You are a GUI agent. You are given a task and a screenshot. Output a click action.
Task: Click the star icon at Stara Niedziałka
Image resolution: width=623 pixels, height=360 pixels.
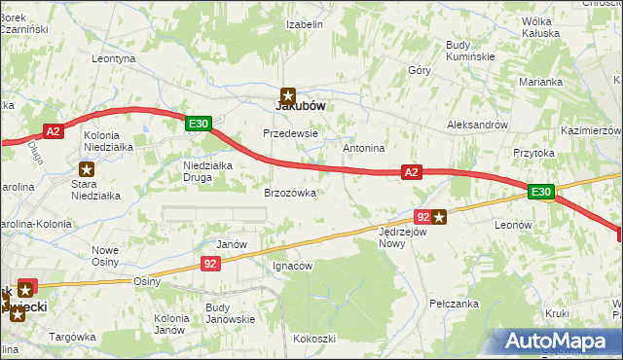click(88, 169)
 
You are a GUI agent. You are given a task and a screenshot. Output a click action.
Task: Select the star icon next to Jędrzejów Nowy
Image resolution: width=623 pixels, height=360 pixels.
click(440, 217)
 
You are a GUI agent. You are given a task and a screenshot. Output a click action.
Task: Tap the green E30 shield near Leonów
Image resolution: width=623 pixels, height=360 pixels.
click(542, 193)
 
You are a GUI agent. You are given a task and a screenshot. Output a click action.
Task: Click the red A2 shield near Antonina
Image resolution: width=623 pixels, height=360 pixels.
click(412, 172)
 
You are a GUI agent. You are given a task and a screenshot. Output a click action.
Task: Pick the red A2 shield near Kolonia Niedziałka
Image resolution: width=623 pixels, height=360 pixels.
click(55, 130)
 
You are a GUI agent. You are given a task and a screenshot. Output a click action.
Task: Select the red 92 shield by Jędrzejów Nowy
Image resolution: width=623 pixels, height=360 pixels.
click(422, 217)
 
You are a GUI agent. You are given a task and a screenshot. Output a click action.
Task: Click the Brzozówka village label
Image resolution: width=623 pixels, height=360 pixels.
click(290, 193)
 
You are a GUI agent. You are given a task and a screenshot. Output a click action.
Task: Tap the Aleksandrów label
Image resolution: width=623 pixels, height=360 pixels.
click(477, 126)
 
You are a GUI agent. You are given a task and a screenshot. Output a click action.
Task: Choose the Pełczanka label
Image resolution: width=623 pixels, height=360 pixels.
click(454, 305)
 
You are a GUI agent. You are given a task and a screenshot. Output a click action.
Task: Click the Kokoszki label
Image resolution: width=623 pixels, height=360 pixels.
click(312, 339)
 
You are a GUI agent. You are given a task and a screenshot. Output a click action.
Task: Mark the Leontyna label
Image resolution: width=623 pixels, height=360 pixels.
click(113, 58)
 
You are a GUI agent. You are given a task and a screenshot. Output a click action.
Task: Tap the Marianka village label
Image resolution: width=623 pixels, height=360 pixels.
click(541, 82)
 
